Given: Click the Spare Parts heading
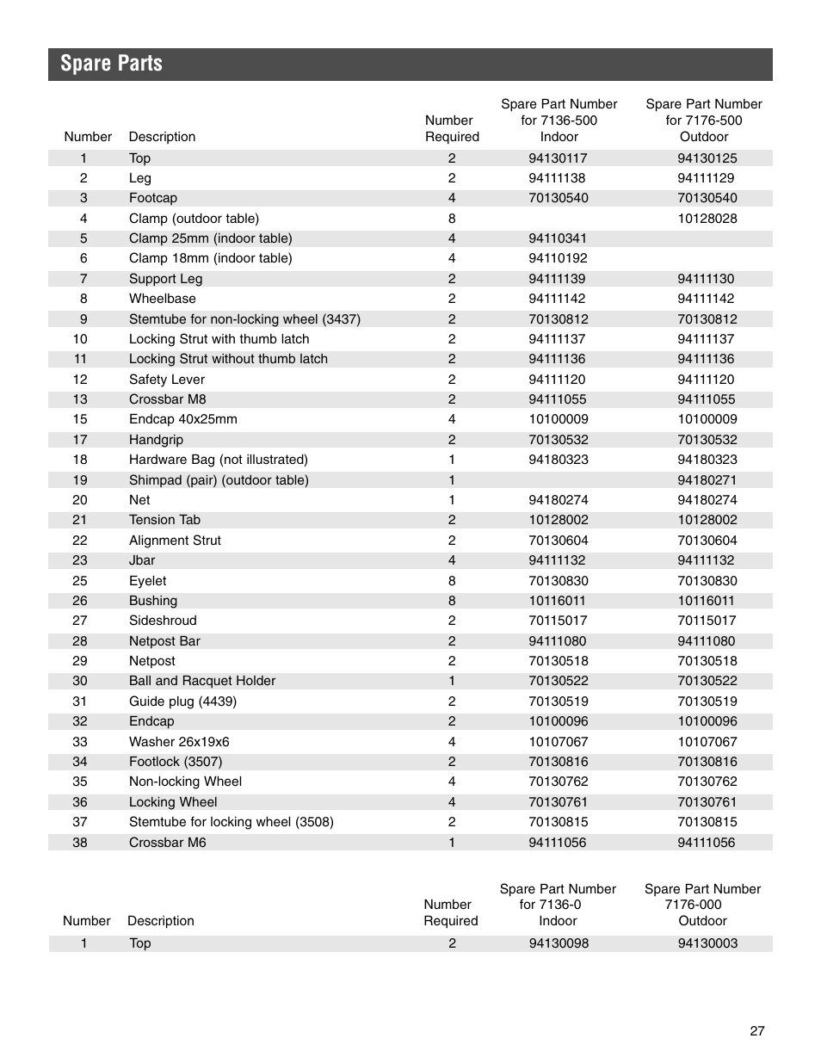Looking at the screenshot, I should point(111,64).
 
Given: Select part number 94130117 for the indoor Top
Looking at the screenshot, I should point(558,158).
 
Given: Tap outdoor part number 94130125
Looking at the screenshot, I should point(707,158).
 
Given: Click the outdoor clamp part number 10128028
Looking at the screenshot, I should point(707,219).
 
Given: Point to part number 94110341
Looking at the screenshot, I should point(558,238).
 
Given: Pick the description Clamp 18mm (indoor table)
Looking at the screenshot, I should point(210,258).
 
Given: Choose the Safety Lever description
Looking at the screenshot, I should point(167,380).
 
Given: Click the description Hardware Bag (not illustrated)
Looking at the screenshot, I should point(218,460).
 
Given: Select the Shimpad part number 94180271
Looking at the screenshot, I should point(707,480).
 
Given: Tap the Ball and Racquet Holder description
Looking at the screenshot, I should point(202,681).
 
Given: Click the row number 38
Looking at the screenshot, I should point(80,843).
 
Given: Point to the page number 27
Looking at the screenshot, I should point(756,1031).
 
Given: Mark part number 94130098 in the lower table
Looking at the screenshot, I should point(559,943).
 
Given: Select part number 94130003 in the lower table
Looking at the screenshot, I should point(707,943).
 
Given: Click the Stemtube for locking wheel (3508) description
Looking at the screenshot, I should point(231,822).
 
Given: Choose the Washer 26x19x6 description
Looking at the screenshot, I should point(179,742).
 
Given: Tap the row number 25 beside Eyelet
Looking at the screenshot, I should point(80,581).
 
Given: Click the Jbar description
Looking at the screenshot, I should point(142,560).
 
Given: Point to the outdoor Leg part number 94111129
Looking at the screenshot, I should point(707,178).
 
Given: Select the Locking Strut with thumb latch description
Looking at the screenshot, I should point(219,339).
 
